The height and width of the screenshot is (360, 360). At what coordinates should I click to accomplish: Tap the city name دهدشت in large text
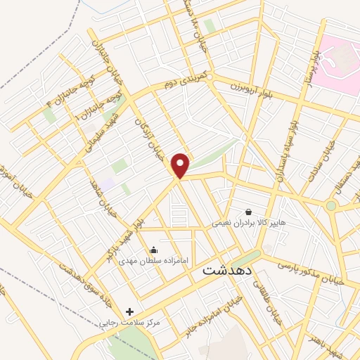click(229, 269)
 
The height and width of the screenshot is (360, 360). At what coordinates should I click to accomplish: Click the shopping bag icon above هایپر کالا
click(248, 211)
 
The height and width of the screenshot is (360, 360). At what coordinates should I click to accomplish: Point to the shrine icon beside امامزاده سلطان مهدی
click(153, 250)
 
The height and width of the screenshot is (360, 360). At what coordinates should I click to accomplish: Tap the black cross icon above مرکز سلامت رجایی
click(129, 311)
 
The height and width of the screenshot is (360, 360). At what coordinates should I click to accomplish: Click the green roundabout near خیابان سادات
click(330, 205)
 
